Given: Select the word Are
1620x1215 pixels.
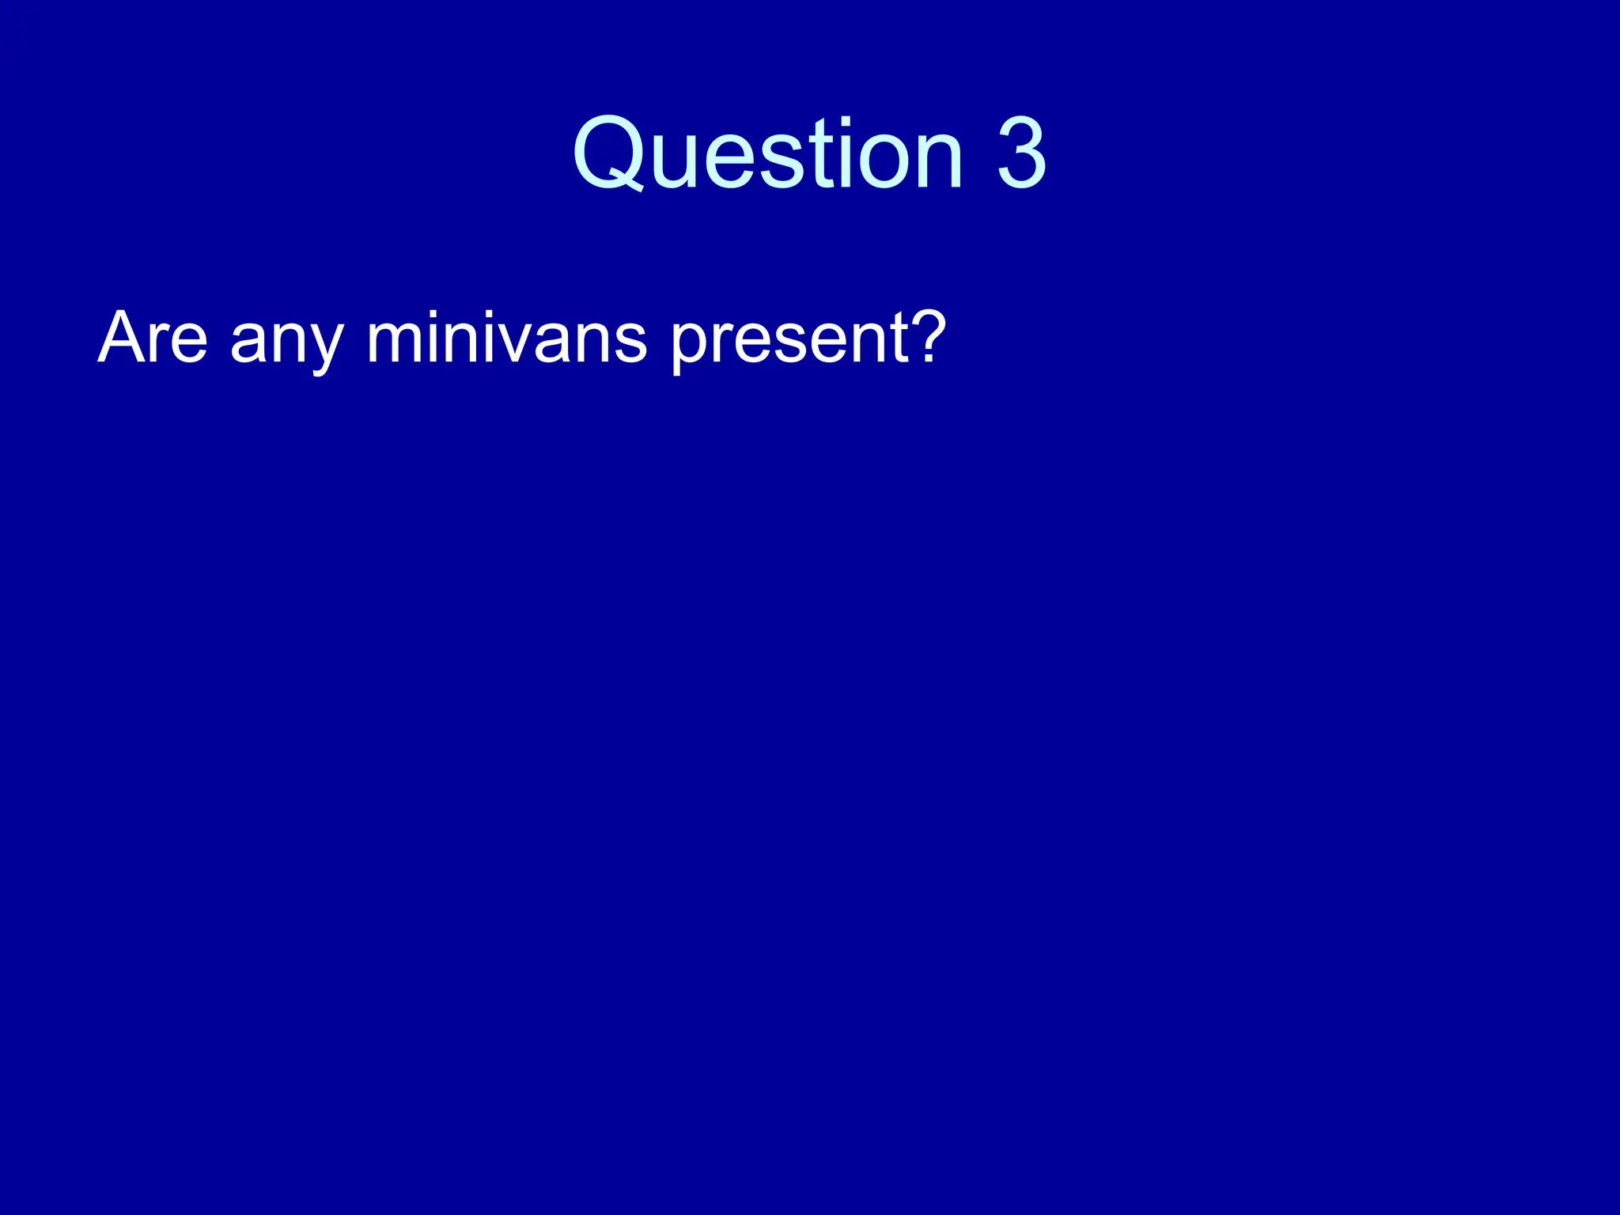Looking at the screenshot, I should click(x=153, y=338).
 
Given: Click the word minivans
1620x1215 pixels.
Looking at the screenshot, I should click(x=506, y=338).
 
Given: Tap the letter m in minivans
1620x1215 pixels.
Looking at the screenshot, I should click(x=396, y=342).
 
